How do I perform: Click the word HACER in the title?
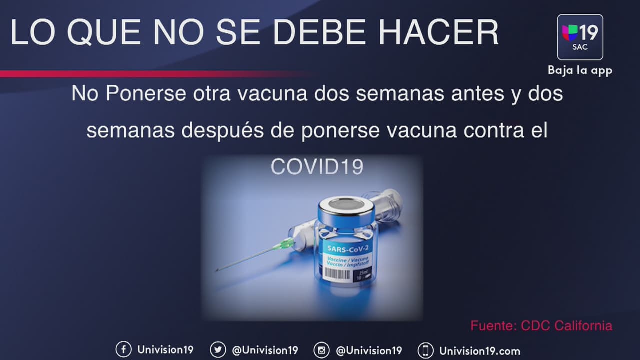click(438, 32)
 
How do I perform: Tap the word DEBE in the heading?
click(319, 32)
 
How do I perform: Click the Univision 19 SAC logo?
click(580, 37)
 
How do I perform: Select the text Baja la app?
click(580, 70)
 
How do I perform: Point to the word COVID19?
click(317, 167)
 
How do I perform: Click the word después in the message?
click(223, 130)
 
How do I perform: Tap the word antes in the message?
click(477, 93)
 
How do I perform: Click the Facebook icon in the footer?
click(123, 349)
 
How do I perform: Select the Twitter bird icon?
click(218, 350)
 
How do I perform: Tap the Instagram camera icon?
click(321, 350)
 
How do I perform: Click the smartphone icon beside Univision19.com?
click(425, 350)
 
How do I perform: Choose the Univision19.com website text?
click(480, 351)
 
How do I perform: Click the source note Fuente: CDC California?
click(541, 326)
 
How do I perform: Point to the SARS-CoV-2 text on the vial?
click(348, 249)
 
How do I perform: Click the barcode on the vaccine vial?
click(337, 275)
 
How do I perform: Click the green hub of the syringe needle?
click(284, 244)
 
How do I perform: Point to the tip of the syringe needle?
click(217, 270)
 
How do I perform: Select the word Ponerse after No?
click(146, 93)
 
